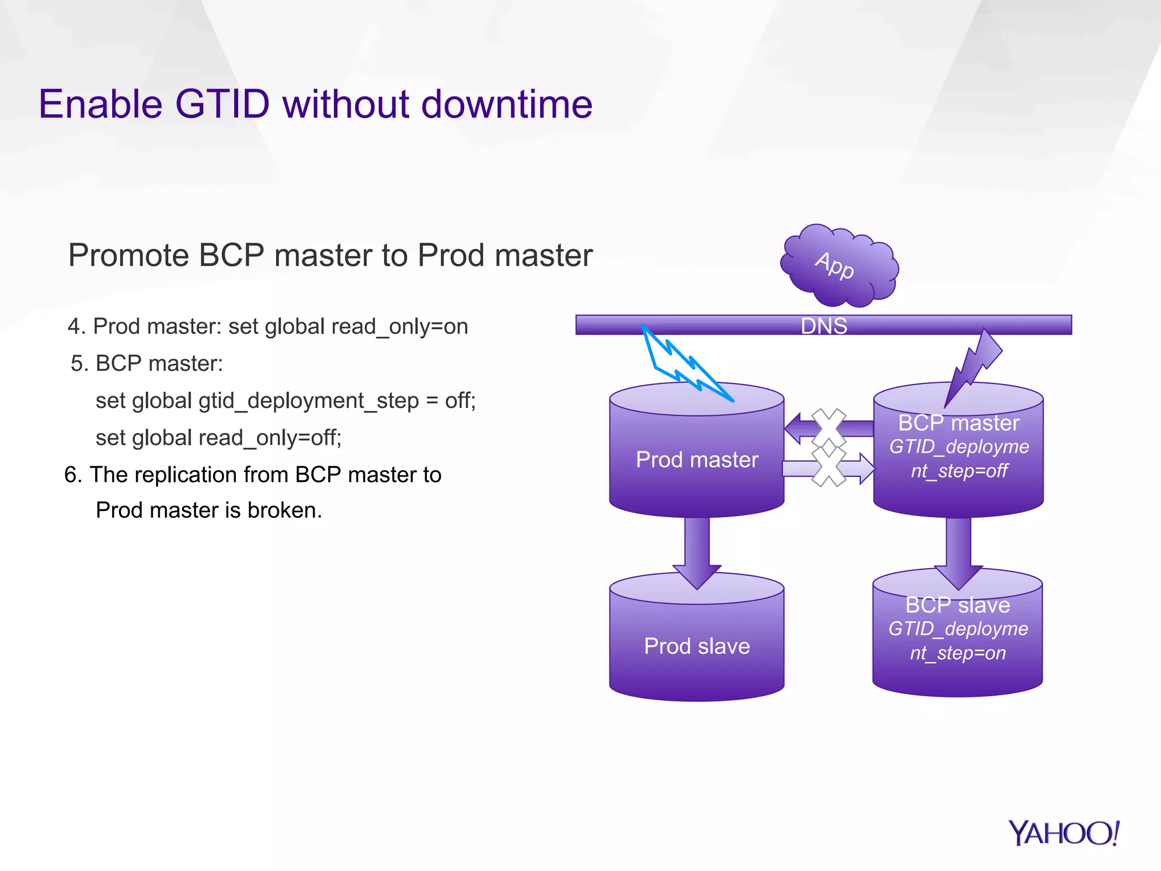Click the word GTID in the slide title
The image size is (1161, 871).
pyautogui.click(x=222, y=104)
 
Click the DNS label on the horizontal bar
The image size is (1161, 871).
pyautogui.click(x=824, y=326)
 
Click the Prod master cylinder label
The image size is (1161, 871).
pyautogui.click(x=697, y=460)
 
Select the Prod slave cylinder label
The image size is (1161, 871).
pyautogui.click(x=697, y=646)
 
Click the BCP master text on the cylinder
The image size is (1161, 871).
pyautogui.click(x=959, y=423)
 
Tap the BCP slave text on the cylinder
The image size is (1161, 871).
pyautogui.click(x=957, y=605)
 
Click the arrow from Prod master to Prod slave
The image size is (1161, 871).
pyautogui.click(x=697, y=550)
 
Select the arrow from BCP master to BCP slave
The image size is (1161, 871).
pyautogui.click(x=958, y=550)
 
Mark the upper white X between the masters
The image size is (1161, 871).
pyautogui.click(x=829, y=426)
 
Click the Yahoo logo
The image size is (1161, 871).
pyautogui.click(x=1063, y=834)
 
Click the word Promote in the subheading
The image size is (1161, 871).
pyautogui.click(x=128, y=255)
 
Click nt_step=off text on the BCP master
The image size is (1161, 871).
pyautogui.click(x=959, y=471)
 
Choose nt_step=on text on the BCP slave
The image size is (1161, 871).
pyautogui.click(x=957, y=653)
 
